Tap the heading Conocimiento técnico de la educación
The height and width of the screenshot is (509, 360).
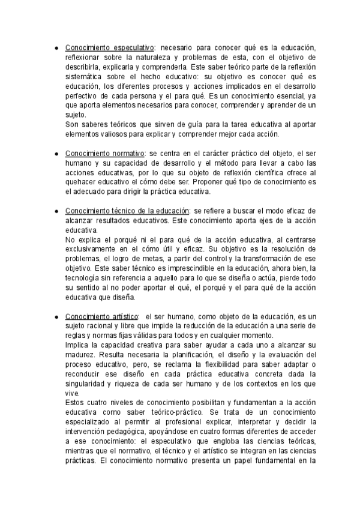[x=127, y=211]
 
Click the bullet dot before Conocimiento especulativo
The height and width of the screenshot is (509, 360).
[x=55, y=47]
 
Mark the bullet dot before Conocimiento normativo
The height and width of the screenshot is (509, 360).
[x=55, y=153]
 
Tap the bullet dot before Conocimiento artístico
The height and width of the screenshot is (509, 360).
[x=55, y=316]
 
